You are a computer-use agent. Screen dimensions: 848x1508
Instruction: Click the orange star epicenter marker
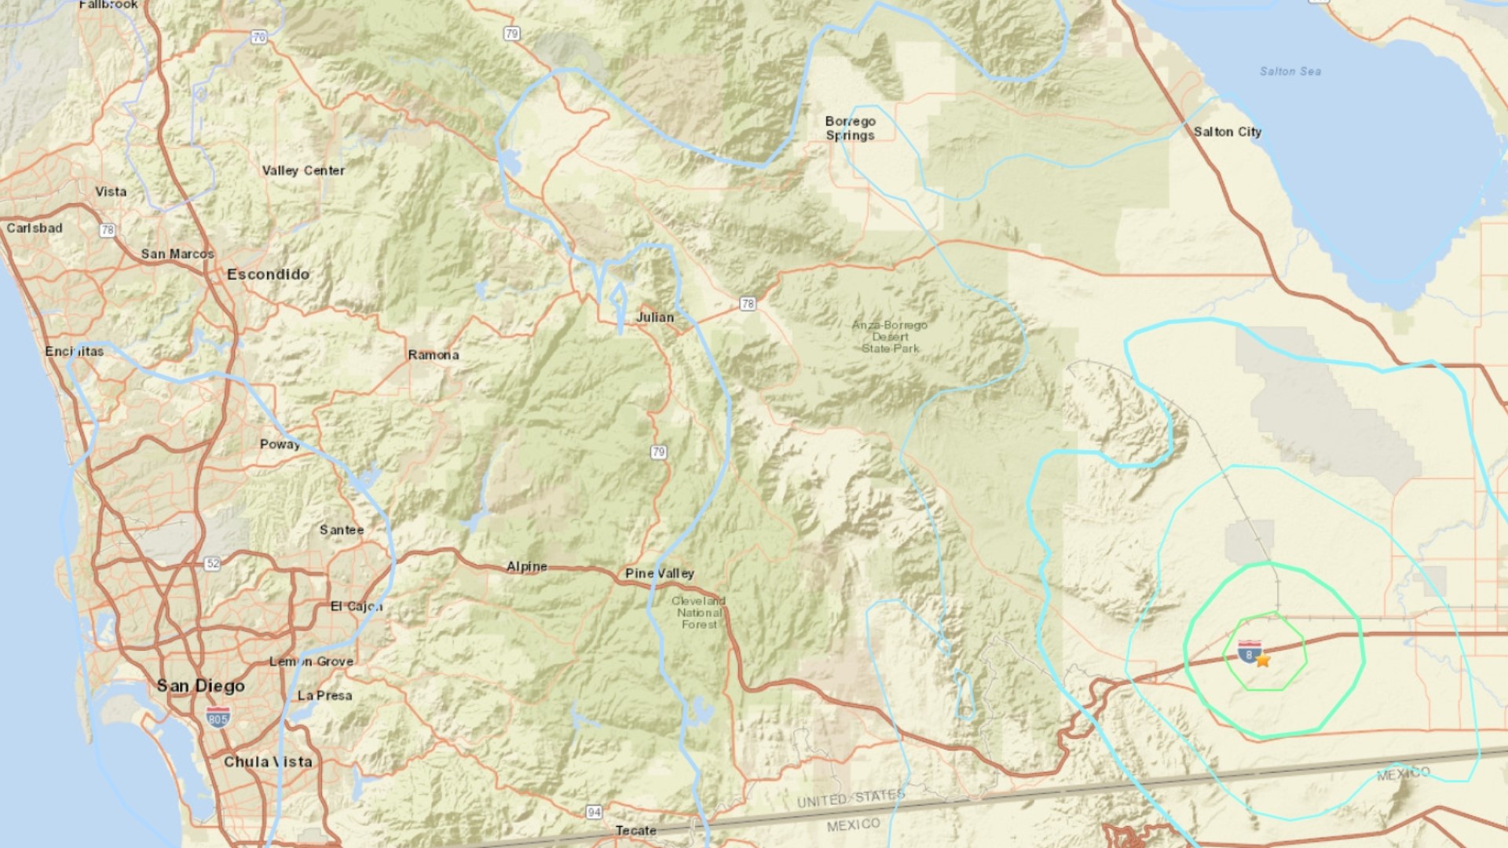[1263, 661]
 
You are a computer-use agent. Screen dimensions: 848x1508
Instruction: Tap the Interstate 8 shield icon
[1249, 652]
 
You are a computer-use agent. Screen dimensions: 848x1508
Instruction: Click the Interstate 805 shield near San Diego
[218, 717]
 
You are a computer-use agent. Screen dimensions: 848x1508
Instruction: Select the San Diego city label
[200, 686]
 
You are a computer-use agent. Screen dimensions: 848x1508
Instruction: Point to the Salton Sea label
[1290, 71]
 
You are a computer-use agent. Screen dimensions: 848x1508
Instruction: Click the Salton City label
[1227, 132]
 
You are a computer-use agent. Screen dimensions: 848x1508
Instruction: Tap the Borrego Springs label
[850, 128]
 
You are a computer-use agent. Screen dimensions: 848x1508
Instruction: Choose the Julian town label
[655, 317]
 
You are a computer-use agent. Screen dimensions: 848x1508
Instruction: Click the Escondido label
[268, 274]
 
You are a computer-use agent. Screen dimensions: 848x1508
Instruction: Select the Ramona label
[434, 355]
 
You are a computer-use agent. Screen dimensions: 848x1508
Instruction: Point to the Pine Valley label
[660, 573]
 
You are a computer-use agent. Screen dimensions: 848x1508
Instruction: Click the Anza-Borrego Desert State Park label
[890, 336]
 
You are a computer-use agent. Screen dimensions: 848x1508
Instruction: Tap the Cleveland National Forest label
[699, 612]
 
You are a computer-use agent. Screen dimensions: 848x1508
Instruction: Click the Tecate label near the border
[635, 830]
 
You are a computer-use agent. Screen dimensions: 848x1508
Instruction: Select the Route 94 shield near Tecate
[595, 812]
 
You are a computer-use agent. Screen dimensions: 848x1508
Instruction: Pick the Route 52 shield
[212, 564]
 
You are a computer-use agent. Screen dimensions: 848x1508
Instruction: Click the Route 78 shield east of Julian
[748, 303]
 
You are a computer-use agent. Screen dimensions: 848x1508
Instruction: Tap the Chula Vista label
[268, 762]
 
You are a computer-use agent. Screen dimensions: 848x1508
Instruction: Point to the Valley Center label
[303, 170]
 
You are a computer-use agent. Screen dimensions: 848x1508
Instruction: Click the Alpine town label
[526, 566]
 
